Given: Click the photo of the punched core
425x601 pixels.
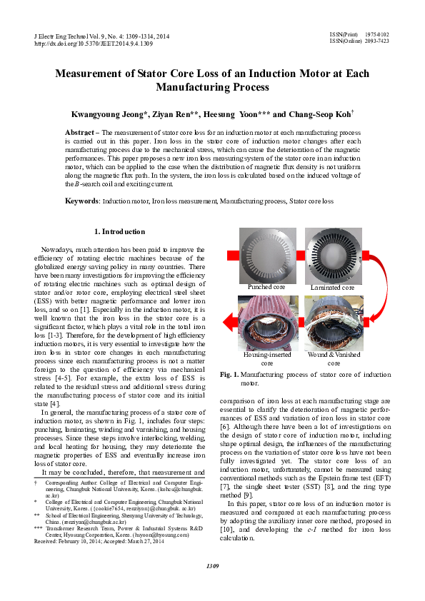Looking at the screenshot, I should coord(265,256).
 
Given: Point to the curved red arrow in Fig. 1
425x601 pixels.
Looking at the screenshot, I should coord(375,286).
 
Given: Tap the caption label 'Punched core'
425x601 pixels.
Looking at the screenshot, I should coord(265,288).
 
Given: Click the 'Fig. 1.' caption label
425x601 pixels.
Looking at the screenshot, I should coord(230,375).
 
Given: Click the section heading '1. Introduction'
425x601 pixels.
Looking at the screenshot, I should coord(120,232).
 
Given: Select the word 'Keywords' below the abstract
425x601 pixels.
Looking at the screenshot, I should coord(81,202).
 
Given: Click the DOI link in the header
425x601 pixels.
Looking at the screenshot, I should coord(94,44).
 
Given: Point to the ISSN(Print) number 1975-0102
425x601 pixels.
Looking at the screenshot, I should coord(377,34).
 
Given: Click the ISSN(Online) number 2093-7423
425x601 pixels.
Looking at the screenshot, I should coord(377,41).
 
